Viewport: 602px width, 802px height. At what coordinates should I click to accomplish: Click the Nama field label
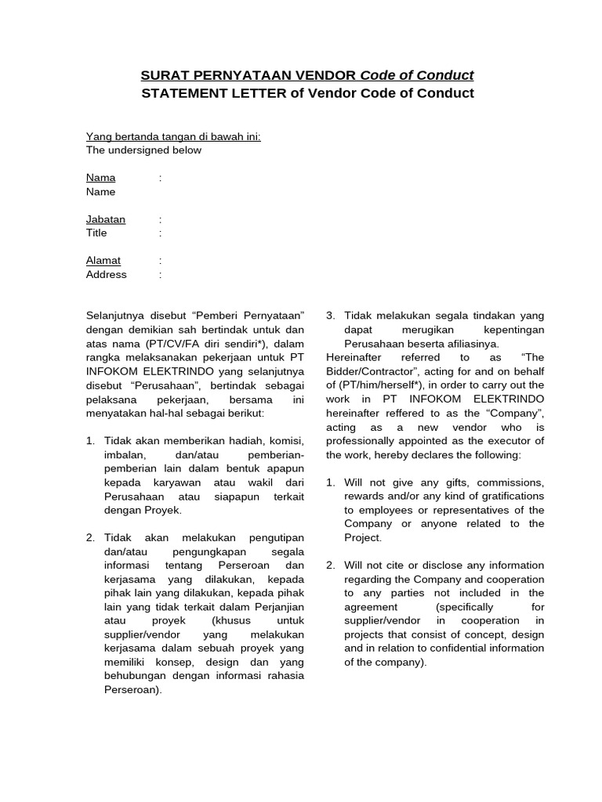[100, 178]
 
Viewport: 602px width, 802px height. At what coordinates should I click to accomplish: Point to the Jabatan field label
[105, 219]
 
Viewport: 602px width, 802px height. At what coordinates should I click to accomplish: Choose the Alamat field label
[103, 260]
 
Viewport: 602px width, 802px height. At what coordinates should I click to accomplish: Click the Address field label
[106, 274]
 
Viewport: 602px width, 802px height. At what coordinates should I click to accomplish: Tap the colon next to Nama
[160, 178]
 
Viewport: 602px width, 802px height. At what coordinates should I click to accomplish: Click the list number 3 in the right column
[330, 316]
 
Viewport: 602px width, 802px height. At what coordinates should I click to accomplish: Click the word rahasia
[288, 676]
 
